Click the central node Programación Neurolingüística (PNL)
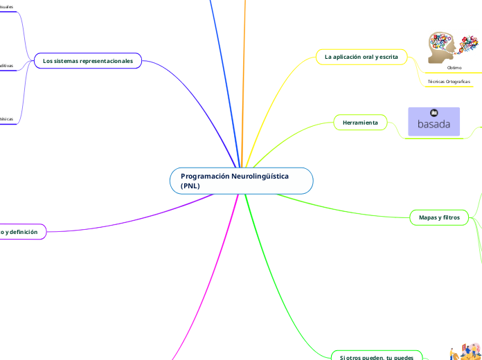pyautogui.click(x=241, y=181)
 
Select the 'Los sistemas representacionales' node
pyautogui.click(x=88, y=61)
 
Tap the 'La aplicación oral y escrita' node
pyautogui.click(x=361, y=57)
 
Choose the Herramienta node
pyautogui.click(x=360, y=123)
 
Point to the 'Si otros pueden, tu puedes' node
pyautogui.click(x=377, y=357)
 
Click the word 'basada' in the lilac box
pyautogui.click(x=434, y=125)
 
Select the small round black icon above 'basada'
pyautogui.click(x=434, y=113)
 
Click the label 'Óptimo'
pyautogui.click(x=454, y=68)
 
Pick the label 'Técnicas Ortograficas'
pyautogui.click(x=449, y=82)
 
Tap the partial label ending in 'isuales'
pyautogui.click(x=6, y=7)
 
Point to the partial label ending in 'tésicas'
pyautogui.click(x=6, y=119)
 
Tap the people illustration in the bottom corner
pyautogui.click(x=465, y=352)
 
